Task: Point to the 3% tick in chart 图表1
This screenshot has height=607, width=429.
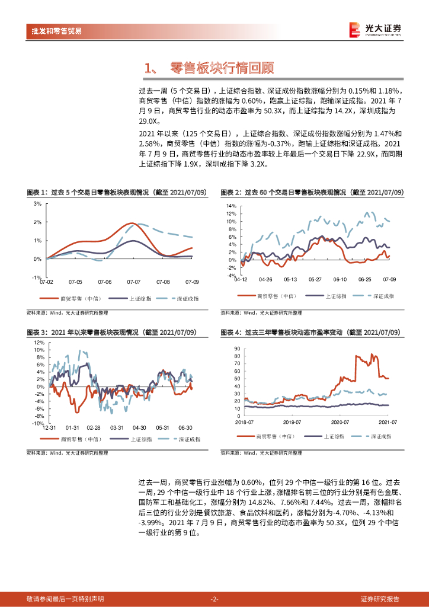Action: point(37,203)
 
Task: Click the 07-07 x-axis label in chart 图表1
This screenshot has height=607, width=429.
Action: point(133,282)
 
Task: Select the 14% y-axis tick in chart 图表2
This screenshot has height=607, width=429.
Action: point(231,206)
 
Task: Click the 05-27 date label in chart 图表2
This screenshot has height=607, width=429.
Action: point(315,279)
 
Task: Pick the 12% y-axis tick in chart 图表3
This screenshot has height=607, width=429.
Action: point(37,342)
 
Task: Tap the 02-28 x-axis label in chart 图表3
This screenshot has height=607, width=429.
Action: point(94,427)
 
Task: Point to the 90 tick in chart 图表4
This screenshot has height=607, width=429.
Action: point(237,349)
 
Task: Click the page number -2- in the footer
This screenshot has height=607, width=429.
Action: point(214,599)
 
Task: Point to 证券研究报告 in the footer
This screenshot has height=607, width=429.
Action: point(380,599)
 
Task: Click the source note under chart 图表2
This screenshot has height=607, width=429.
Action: point(261,312)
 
